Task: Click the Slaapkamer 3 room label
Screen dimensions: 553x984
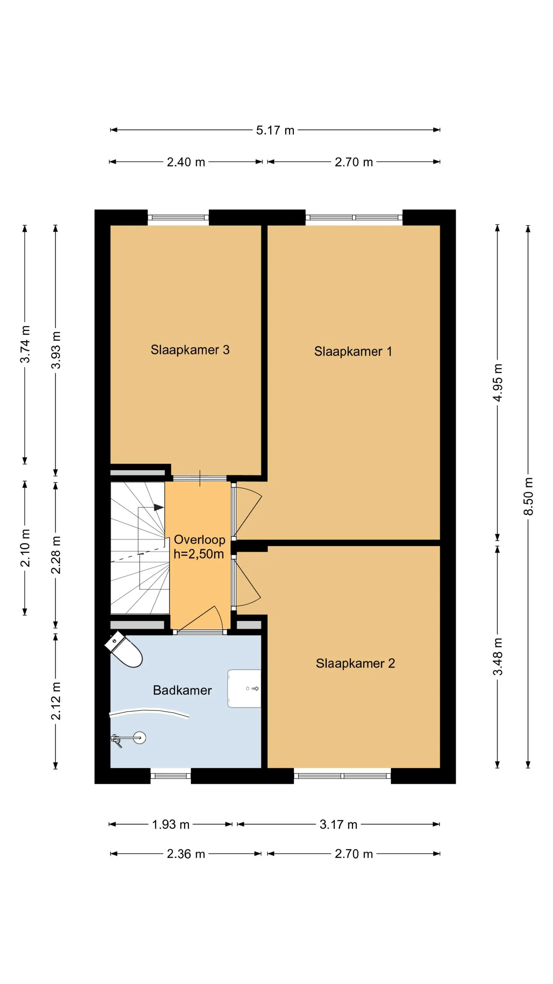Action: coord(190,350)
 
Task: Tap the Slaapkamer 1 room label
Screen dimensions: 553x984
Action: coord(353,351)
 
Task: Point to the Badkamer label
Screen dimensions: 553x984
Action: coord(182,690)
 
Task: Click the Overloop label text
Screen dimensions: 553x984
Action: coord(199,540)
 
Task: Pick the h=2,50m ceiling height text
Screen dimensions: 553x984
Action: coord(199,554)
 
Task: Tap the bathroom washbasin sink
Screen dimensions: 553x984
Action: coord(244,688)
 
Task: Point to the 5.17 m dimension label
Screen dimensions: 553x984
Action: coord(275,130)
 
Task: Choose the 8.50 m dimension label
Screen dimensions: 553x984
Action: coord(528,496)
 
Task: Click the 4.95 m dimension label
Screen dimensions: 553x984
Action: coord(498,383)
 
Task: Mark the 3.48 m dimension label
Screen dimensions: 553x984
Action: coord(498,657)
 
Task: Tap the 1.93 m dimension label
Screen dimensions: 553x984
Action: coord(171,825)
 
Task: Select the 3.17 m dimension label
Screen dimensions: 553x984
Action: coord(338,825)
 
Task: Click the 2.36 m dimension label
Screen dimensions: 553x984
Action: coord(186,854)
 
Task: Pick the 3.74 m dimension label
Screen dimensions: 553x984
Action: coord(25,344)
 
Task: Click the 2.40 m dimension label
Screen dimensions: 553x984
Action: coord(186,162)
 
